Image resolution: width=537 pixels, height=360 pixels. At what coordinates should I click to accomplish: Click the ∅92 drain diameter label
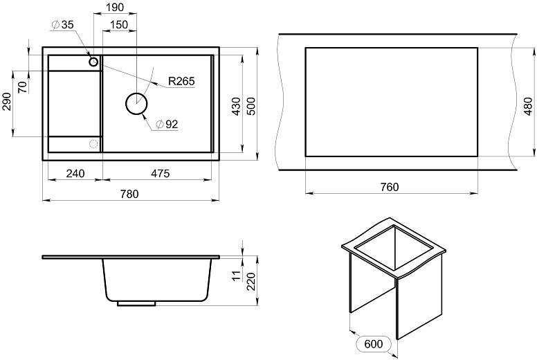(x=167, y=125)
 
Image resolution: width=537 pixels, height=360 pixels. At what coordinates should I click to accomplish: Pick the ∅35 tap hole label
(x=62, y=25)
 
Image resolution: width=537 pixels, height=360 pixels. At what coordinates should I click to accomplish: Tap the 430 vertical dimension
(x=235, y=106)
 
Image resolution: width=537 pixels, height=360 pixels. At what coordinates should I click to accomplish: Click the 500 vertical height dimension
(x=252, y=106)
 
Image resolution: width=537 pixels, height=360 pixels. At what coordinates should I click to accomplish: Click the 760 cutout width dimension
(x=390, y=188)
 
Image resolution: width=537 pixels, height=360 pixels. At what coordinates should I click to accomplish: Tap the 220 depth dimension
(x=253, y=280)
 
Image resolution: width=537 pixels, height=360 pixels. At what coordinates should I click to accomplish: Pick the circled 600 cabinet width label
(x=374, y=344)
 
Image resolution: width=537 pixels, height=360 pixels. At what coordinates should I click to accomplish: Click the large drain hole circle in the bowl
(x=136, y=104)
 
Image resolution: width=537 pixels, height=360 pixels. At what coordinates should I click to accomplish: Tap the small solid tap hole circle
(x=93, y=62)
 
